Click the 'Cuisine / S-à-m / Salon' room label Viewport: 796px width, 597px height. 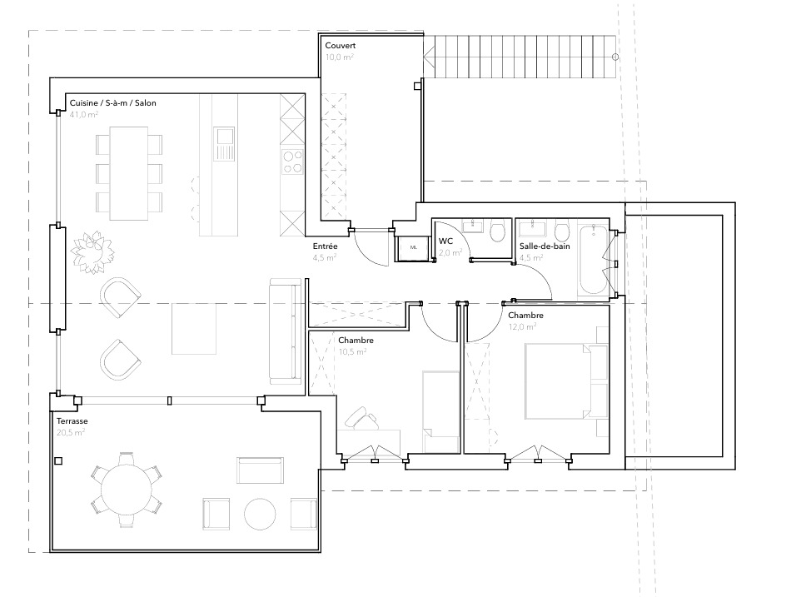coord(112,102)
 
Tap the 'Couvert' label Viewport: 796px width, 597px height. coord(341,46)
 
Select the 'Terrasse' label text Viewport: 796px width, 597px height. coord(72,421)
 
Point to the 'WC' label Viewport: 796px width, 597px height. coord(445,241)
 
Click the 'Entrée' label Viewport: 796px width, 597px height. coord(325,246)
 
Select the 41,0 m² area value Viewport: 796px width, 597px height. coord(84,115)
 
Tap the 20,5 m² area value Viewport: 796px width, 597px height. coord(71,433)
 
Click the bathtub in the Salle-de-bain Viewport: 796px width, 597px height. coord(595,258)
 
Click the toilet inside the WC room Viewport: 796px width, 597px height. coord(498,231)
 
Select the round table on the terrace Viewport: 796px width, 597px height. coord(126,490)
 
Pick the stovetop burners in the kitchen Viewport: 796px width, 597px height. coord(293,162)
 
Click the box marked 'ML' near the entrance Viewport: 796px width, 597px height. coord(413,247)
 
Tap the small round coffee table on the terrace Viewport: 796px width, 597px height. coord(259,514)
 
